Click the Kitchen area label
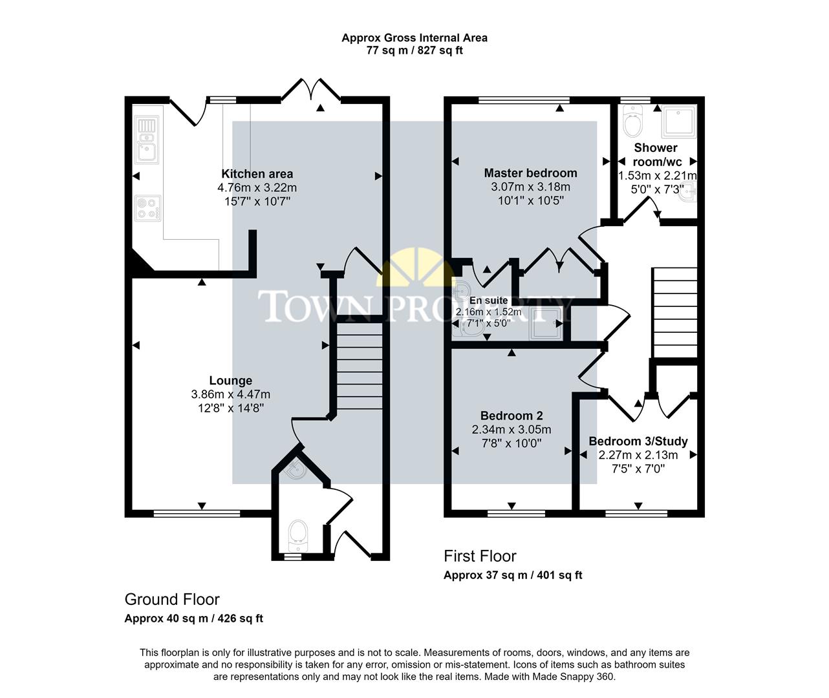pyautogui.click(x=257, y=174)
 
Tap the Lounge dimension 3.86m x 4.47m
pyautogui.click(x=230, y=394)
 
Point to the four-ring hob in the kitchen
pyautogui.click(x=147, y=208)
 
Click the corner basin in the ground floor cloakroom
pyautogui.click(x=296, y=471)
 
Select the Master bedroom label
pyautogui.click(x=530, y=173)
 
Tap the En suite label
pyautogui.click(x=488, y=301)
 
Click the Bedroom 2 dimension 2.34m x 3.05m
pyautogui.click(x=511, y=430)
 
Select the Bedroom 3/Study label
pyautogui.click(x=638, y=441)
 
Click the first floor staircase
pyautogui.click(x=674, y=313)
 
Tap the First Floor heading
pyautogui.click(x=480, y=556)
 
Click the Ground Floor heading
pyautogui.click(x=172, y=599)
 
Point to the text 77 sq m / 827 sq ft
pyautogui.click(x=414, y=50)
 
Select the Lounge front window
pyautogui.click(x=197, y=514)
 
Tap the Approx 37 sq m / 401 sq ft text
pyautogui.click(x=513, y=575)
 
